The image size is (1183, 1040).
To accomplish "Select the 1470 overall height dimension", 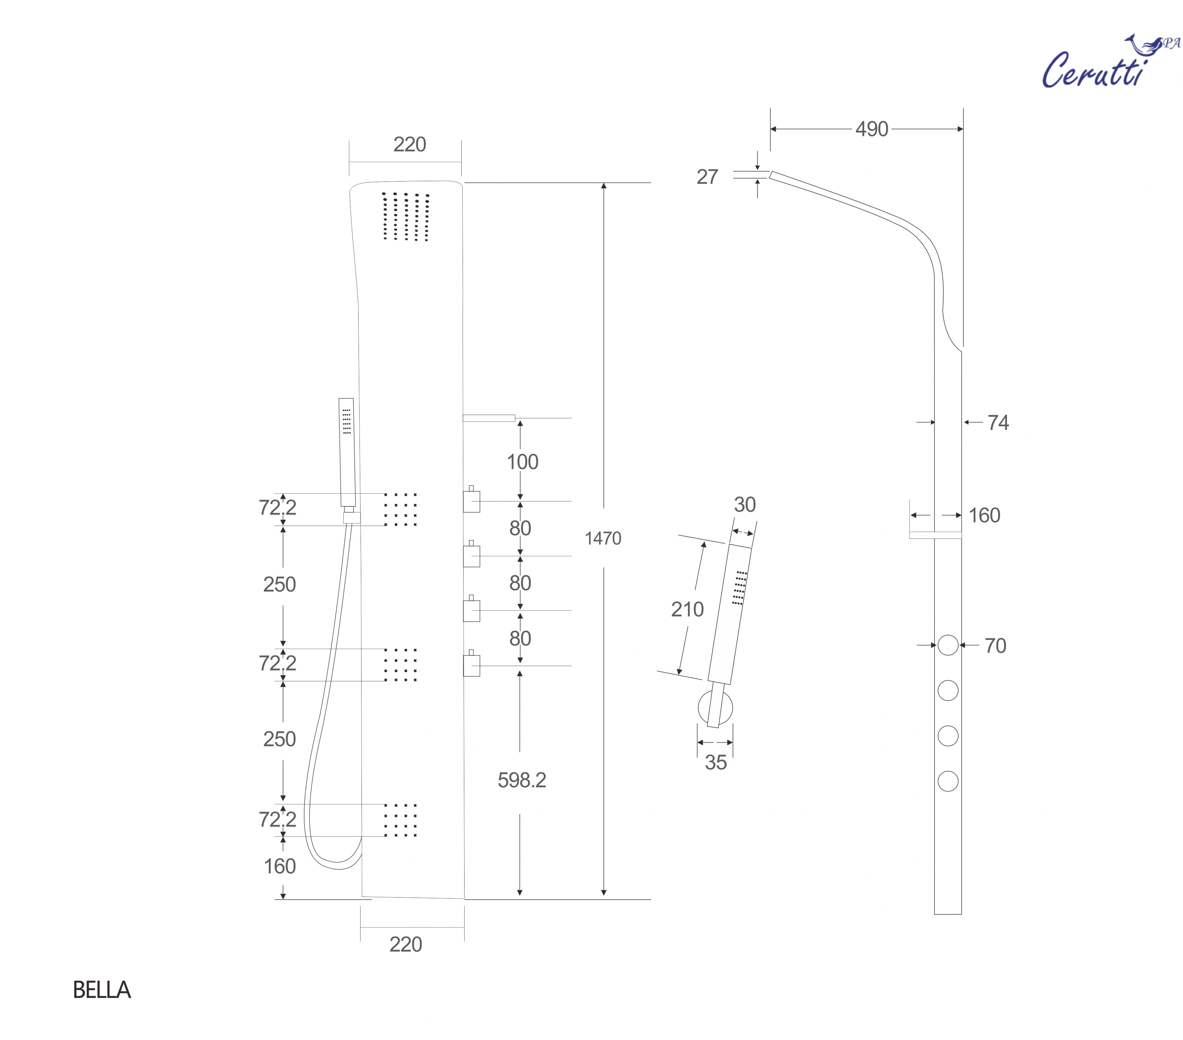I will (602, 539).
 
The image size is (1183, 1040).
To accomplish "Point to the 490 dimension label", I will (871, 129).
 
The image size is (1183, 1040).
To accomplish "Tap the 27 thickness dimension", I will (707, 177).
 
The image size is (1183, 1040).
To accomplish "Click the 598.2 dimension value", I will (522, 780).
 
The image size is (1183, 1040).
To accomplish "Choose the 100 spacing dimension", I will (522, 462).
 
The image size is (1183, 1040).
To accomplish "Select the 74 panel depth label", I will (998, 423).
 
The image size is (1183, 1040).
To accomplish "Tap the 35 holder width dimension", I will (715, 762).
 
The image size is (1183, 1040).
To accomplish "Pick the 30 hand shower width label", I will (744, 505).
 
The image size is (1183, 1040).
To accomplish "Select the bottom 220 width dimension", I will (405, 945).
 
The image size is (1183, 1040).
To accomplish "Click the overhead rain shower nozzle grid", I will (406, 217).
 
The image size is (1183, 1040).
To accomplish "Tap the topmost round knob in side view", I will (948, 645).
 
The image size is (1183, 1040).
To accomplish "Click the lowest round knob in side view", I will (948, 781).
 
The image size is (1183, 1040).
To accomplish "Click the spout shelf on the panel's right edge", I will (489, 418).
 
